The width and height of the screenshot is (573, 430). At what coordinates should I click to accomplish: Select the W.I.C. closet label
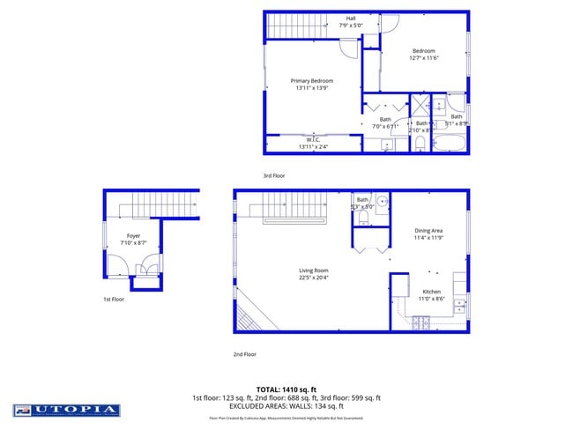(x=313, y=139)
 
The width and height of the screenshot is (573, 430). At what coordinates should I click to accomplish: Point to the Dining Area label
(x=428, y=231)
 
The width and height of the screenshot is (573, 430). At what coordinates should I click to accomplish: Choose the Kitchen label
(x=431, y=292)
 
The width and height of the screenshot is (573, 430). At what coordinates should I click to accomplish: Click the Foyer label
(x=134, y=235)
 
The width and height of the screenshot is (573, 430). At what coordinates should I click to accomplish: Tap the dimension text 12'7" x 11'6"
(x=422, y=59)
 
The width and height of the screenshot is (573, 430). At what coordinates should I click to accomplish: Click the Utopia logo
(x=66, y=410)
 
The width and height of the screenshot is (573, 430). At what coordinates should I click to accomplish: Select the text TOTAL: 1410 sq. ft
(x=286, y=389)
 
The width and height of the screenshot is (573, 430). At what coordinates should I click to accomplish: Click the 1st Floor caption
(x=114, y=300)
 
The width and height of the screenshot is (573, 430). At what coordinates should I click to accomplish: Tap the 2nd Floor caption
(x=244, y=354)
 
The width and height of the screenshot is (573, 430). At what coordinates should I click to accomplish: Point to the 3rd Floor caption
(x=274, y=176)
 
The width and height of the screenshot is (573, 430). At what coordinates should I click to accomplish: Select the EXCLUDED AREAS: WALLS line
(x=286, y=406)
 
